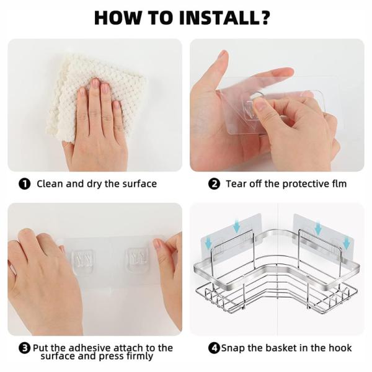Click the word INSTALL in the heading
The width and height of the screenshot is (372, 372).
pyautogui.click(x=218, y=18)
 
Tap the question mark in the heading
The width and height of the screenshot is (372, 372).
pyautogui.click(x=264, y=17)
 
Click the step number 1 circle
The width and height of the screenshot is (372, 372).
pyautogui.click(x=25, y=184)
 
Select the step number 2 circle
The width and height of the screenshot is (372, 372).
pyautogui.click(x=215, y=184)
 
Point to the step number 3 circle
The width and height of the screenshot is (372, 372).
pyautogui.click(x=25, y=348)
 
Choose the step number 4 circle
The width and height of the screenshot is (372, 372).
pyautogui.click(x=215, y=348)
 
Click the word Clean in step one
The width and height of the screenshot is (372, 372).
pyautogui.click(x=50, y=184)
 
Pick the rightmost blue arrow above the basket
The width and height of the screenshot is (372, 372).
pyautogui.click(x=346, y=244)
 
